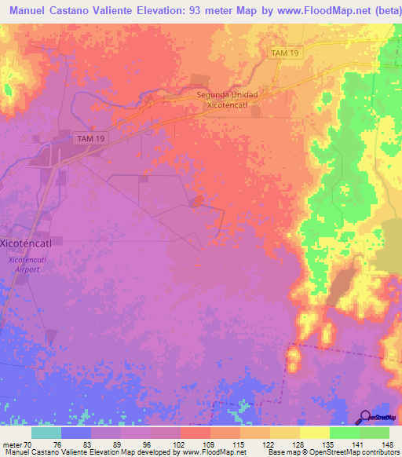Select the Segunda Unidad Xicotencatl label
click(x=226, y=99)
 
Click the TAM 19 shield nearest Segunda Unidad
click(x=284, y=53)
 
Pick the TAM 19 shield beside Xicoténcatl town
click(x=91, y=138)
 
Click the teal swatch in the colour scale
click(x=46, y=432)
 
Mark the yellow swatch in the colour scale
click(x=314, y=432)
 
